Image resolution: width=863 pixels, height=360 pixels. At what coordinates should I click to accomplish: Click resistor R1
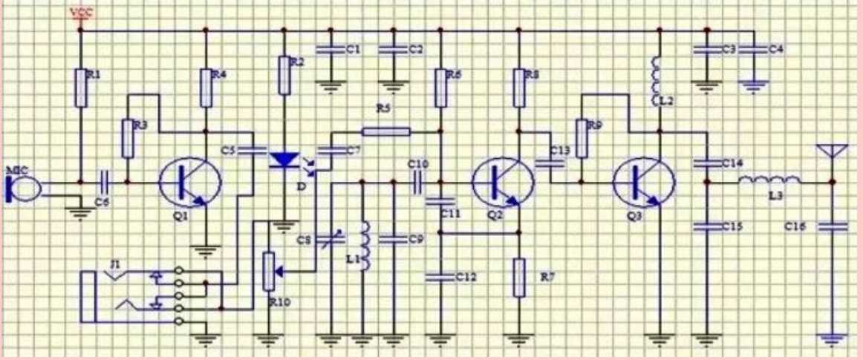[x=80, y=86]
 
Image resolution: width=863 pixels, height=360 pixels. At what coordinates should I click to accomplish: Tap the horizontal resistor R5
[x=385, y=132]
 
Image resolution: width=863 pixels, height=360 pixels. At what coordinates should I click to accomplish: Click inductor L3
[x=769, y=180]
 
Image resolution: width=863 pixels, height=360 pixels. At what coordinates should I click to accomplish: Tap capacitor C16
[x=832, y=226]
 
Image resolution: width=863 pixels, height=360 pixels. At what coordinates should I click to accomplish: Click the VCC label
[x=79, y=13]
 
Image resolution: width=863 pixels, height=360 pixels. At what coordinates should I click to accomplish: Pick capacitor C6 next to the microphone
[x=105, y=180]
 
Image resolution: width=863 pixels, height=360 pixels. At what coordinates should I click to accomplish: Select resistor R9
[x=582, y=139]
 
